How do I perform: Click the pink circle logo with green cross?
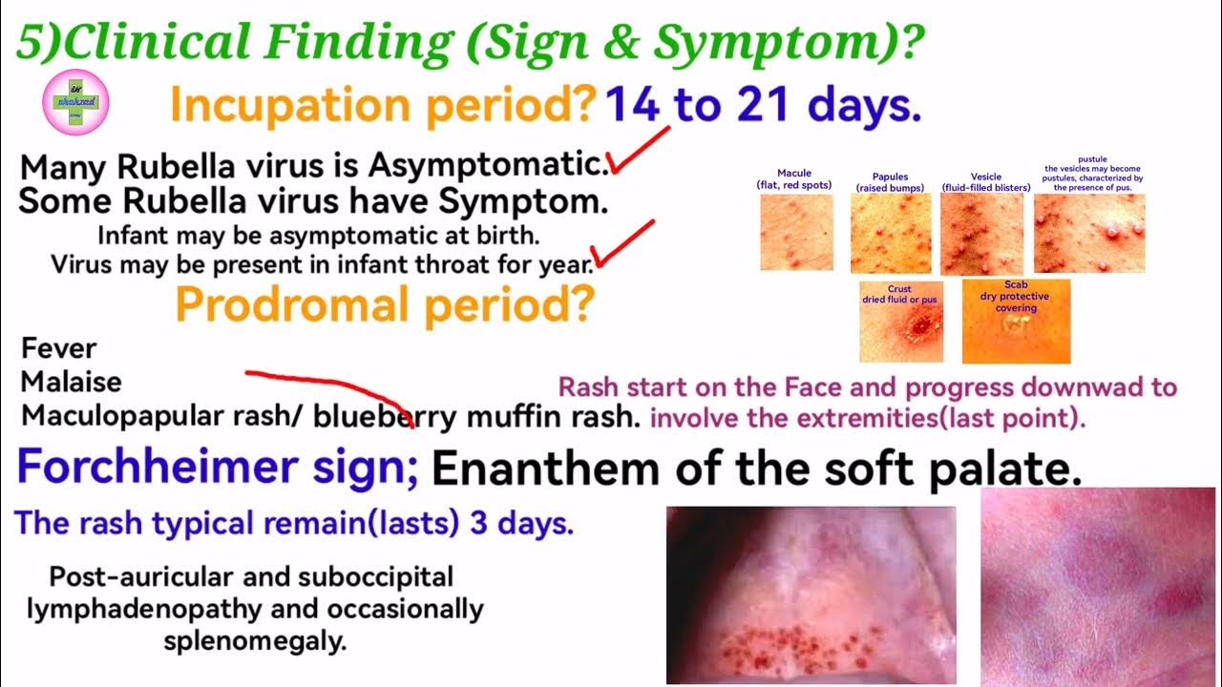[x=76, y=104]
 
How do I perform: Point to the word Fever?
[x=59, y=348]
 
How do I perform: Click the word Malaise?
[x=72, y=382]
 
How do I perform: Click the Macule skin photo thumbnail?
[x=796, y=233]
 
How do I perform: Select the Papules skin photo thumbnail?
[x=890, y=234]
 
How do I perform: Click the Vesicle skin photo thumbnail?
[x=981, y=234]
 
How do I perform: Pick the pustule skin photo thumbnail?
[x=1089, y=234]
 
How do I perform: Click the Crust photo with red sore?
[x=900, y=322]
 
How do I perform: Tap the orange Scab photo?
[x=1016, y=322]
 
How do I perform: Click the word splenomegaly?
[x=255, y=641]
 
